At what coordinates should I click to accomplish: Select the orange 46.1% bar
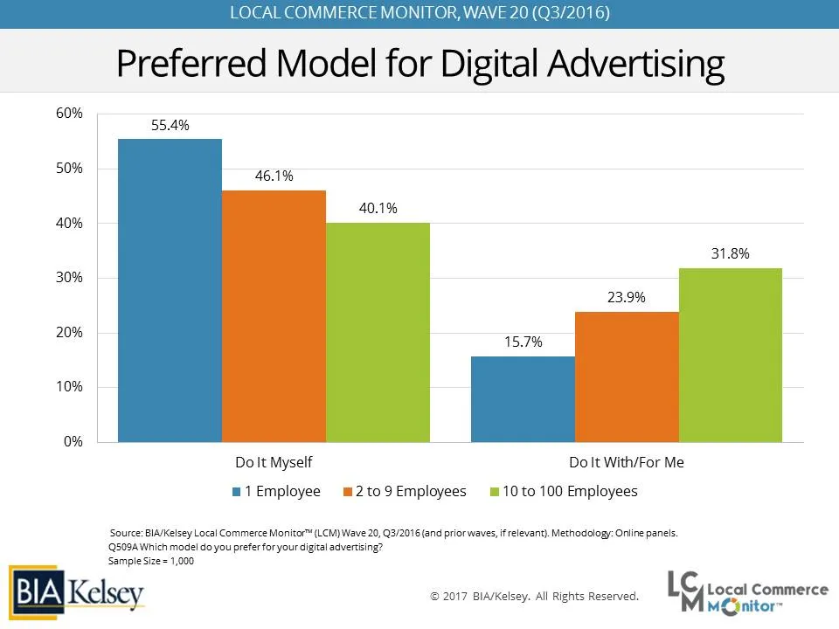[x=274, y=315]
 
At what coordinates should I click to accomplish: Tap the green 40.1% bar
[x=378, y=332]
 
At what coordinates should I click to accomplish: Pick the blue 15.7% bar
[x=523, y=398]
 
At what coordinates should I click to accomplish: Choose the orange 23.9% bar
[x=627, y=377]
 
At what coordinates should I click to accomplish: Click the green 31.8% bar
[x=731, y=355]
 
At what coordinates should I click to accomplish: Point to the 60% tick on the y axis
[x=70, y=114]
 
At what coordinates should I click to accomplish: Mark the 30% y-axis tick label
[x=70, y=278]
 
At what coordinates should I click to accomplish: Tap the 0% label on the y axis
[x=73, y=442]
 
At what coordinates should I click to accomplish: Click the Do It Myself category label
[x=274, y=462]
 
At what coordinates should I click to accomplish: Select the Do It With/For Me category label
[x=627, y=462]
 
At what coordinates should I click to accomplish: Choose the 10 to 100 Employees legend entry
[x=565, y=491]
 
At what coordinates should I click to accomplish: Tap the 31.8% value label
[x=731, y=254]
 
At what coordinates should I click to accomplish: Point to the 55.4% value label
[x=170, y=125]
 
